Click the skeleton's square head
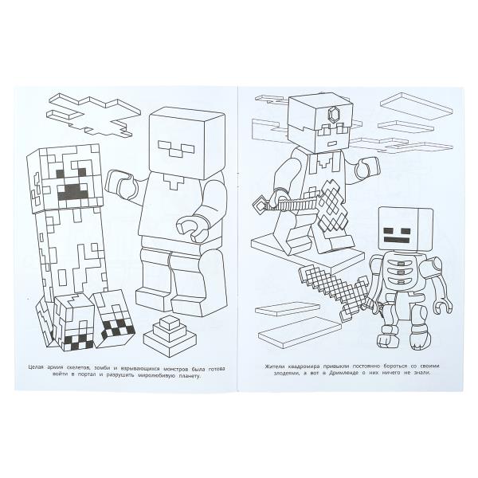[404, 229]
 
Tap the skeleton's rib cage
[403, 276]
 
